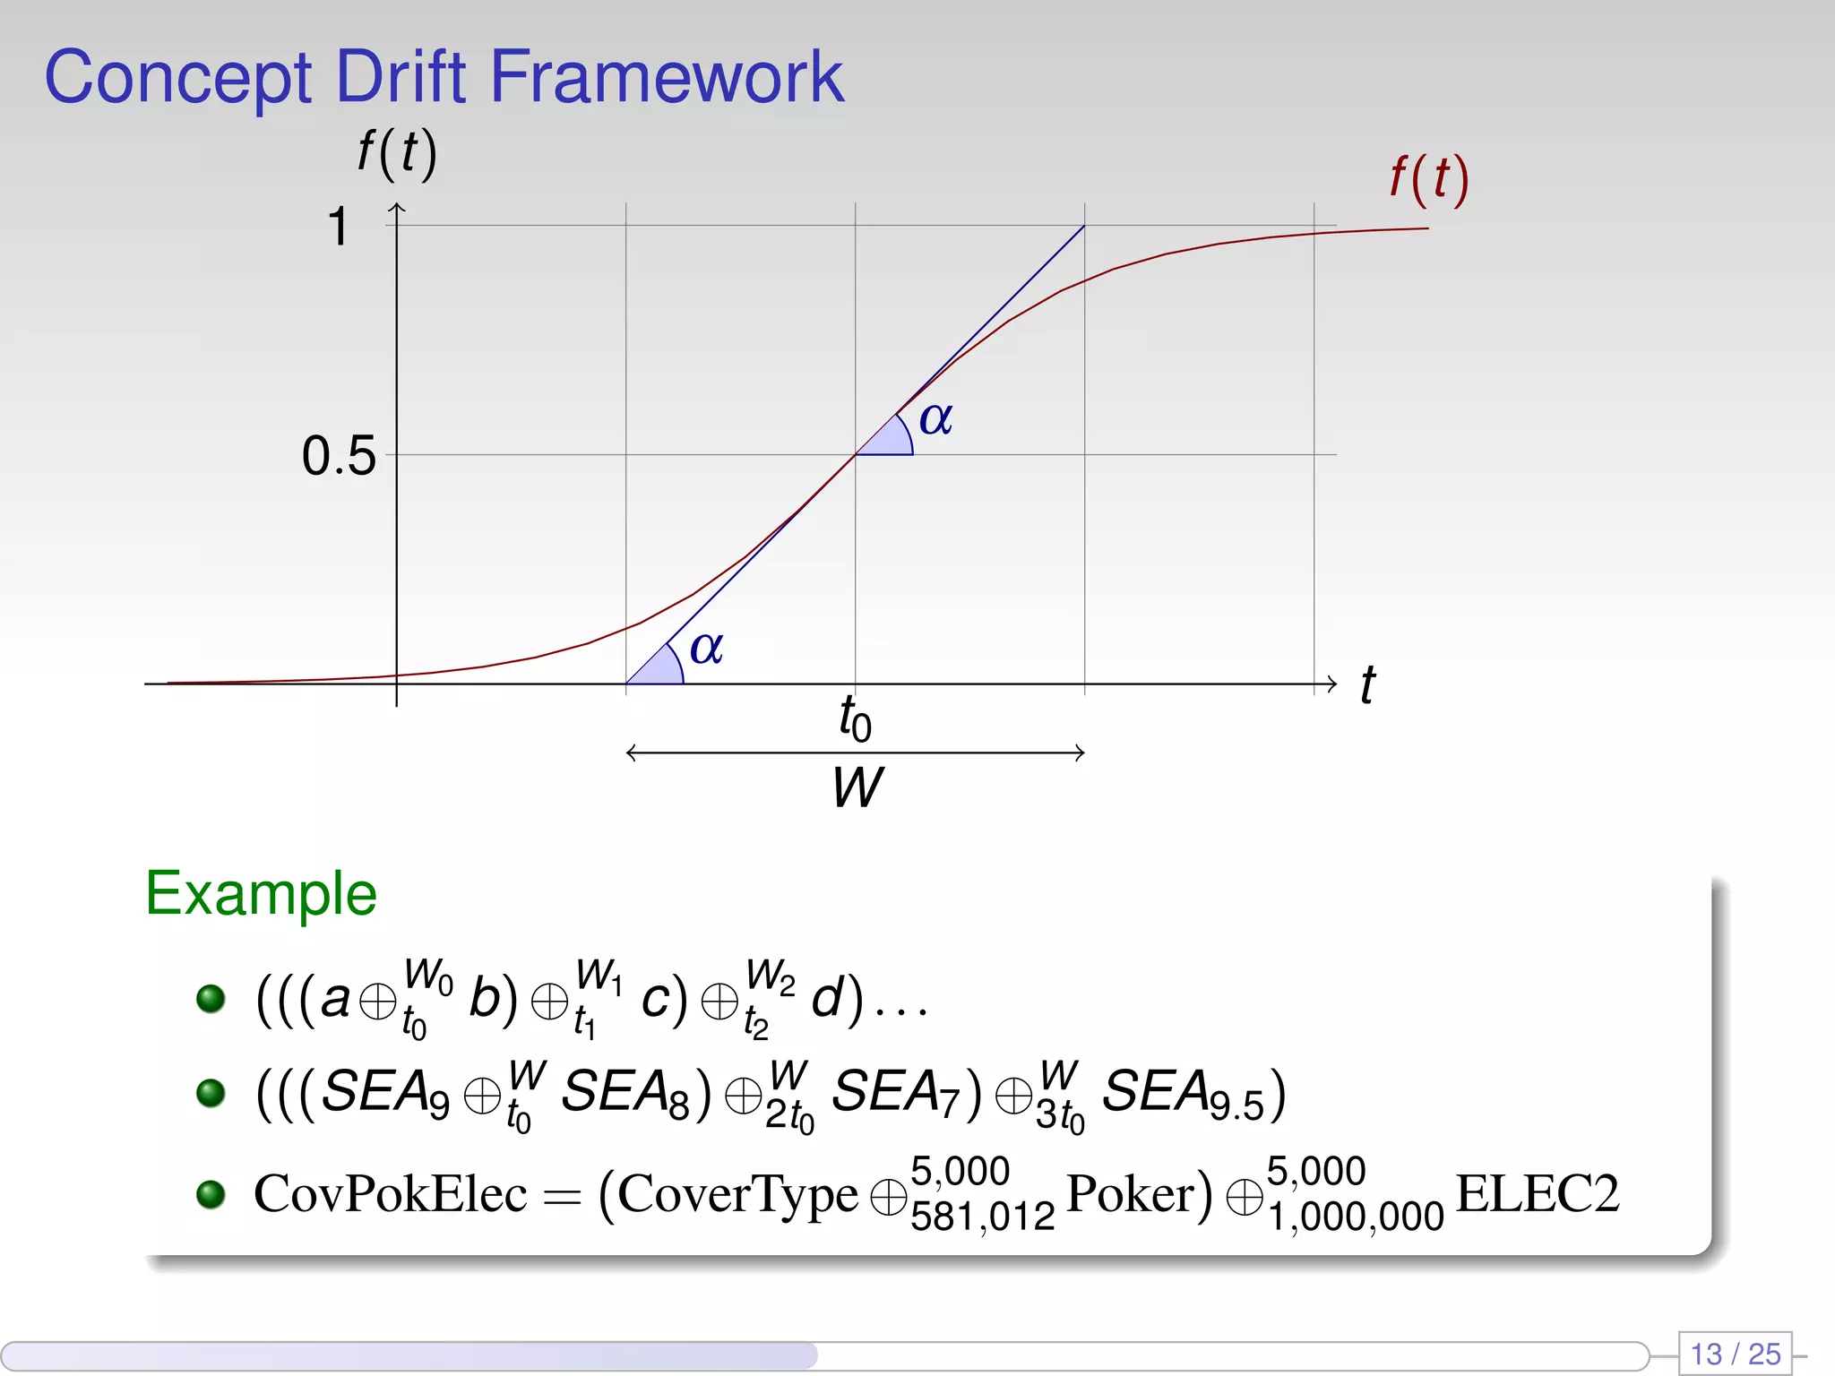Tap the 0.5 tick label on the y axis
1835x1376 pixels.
[x=338, y=456]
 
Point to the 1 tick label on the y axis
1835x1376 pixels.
[x=338, y=226]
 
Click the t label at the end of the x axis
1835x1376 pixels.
[x=1367, y=685]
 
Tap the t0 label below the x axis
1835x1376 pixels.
[x=855, y=718]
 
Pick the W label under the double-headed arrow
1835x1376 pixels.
[x=857, y=787]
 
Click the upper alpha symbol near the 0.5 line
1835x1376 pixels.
[x=935, y=418]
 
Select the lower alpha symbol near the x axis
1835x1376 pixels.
[x=706, y=647]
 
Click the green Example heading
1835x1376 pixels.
[x=261, y=894]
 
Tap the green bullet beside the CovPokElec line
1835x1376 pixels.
[x=211, y=1193]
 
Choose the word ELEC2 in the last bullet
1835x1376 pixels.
[x=1538, y=1193]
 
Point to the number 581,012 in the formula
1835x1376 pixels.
[x=982, y=1217]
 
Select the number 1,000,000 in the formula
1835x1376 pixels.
[x=1355, y=1217]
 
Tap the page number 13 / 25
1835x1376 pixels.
[x=1735, y=1353]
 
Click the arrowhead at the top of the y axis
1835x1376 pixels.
[x=397, y=208]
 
